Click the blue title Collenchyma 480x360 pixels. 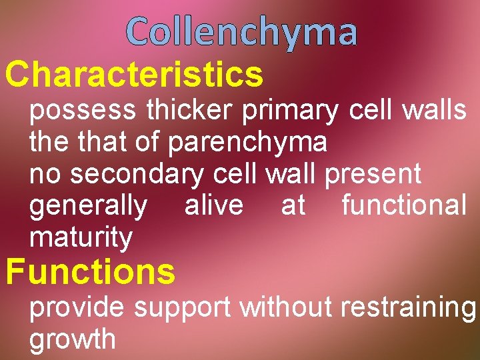(x=241, y=32)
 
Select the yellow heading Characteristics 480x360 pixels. (x=134, y=75)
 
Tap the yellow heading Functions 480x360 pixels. (x=90, y=272)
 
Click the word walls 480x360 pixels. (x=434, y=110)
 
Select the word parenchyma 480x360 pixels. (x=248, y=143)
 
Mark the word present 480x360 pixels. (x=373, y=175)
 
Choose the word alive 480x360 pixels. (x=213, y=205)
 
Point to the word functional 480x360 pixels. (x=404, y=205)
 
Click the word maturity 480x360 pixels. (x=81, y=237)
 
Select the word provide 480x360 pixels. (x=77, y=307)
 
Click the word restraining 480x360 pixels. (x=408, y=309)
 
